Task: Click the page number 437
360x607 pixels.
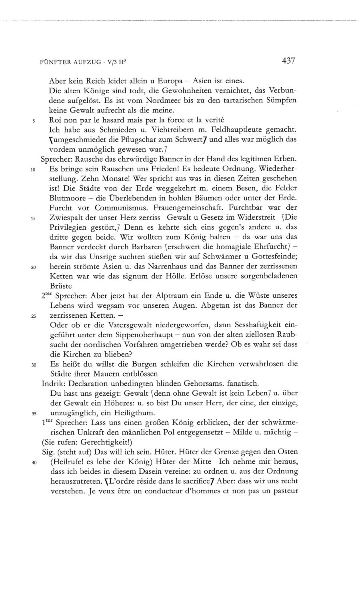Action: (288, 61)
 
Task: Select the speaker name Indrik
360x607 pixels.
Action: (51, 383)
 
